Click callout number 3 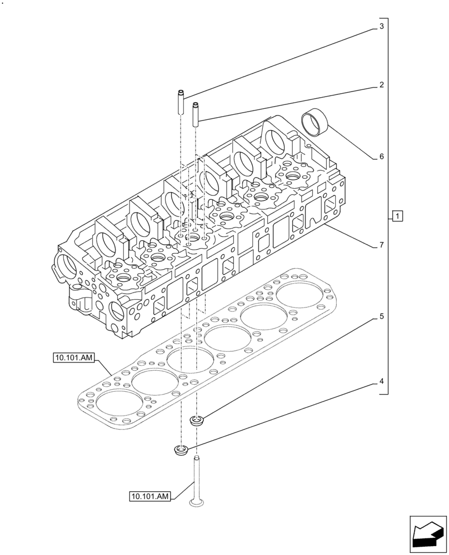pyautogui.click(x=382, y=26)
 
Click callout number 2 pyautogui.click(x=382, y=85)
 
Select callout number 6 pyautogui.click(x=382, y=157)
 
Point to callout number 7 pyautogui.click(x=382, y=245)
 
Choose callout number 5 pyautogui.click(x=382, y=317)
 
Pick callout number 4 pyautogui.click(x=382, y=381)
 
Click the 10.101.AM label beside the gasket pyautogui.click(x=75, y=358)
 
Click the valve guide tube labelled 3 pyautogui.click(x=181, y=103)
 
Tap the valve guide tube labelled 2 pyautogui.click(x=196, y=114)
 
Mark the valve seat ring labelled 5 pyautogui.click(x=196, y=421)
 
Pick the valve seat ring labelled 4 pyautogui.click(x=181, y=450)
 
